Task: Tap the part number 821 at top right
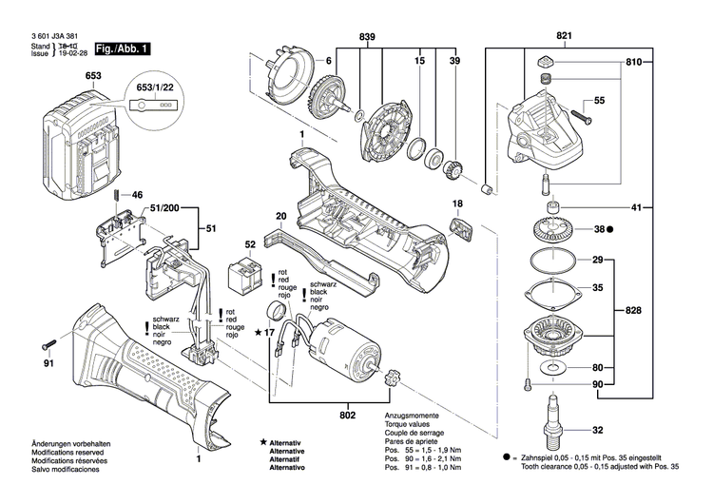click(565, 35)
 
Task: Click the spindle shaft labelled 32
click(550, 428)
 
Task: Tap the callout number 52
click(250, 244)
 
